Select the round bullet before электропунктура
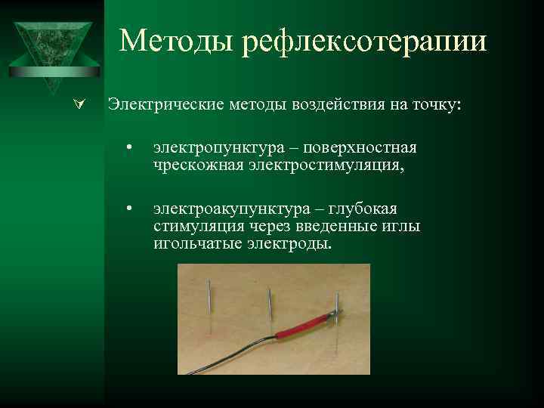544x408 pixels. (x=130, y=147)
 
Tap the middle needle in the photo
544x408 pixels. (x=269, y=306)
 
